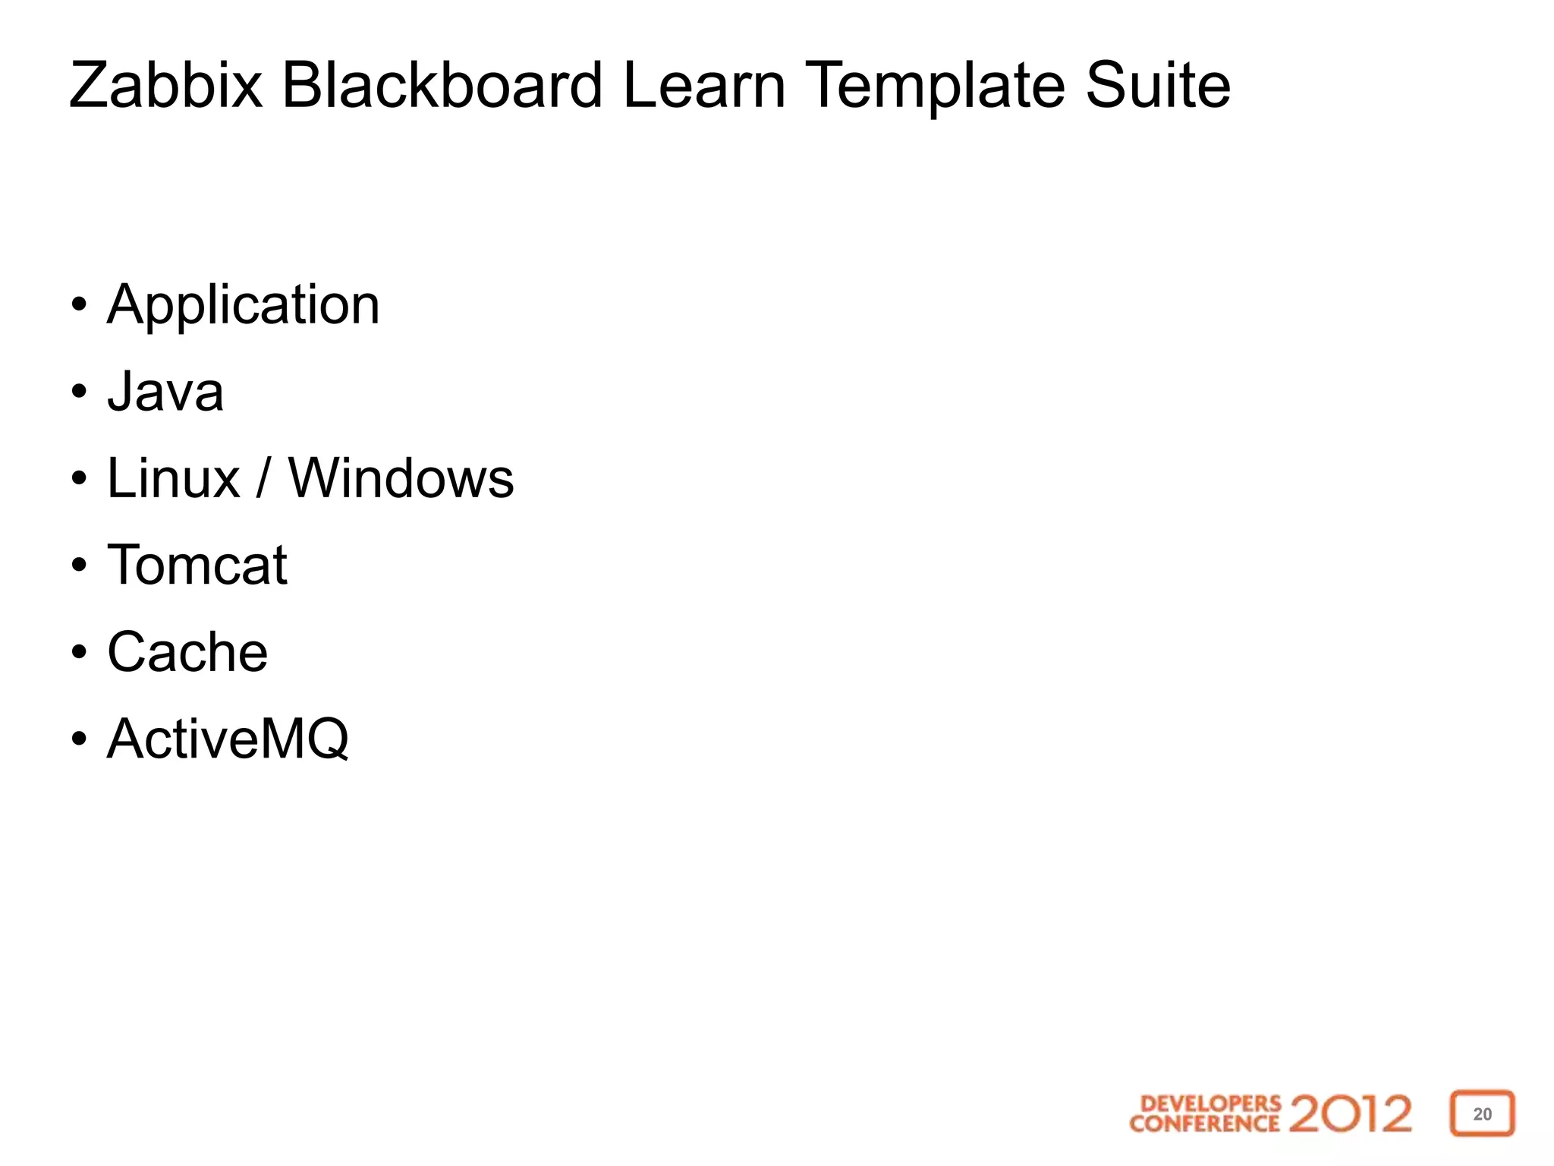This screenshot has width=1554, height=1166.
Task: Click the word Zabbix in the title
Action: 165,85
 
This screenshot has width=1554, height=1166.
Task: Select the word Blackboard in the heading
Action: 442,85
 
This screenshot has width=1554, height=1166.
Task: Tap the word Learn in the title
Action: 703,85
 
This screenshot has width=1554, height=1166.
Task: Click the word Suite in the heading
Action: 1157,85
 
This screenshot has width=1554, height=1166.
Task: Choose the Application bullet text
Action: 243,306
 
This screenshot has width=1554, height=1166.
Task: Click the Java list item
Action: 165,392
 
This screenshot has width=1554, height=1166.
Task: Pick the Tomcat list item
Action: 197,566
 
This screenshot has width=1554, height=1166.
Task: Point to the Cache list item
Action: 187,652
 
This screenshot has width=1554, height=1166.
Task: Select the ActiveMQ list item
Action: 228,739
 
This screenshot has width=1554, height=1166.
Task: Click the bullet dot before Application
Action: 79,306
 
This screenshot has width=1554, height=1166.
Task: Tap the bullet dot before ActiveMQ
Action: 79,739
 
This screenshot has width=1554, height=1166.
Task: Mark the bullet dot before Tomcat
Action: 79,566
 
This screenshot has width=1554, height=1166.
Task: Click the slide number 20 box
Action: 1482,1114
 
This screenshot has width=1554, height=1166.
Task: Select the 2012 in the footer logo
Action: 1350,1114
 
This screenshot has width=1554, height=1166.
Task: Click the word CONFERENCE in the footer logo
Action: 1204,1123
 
